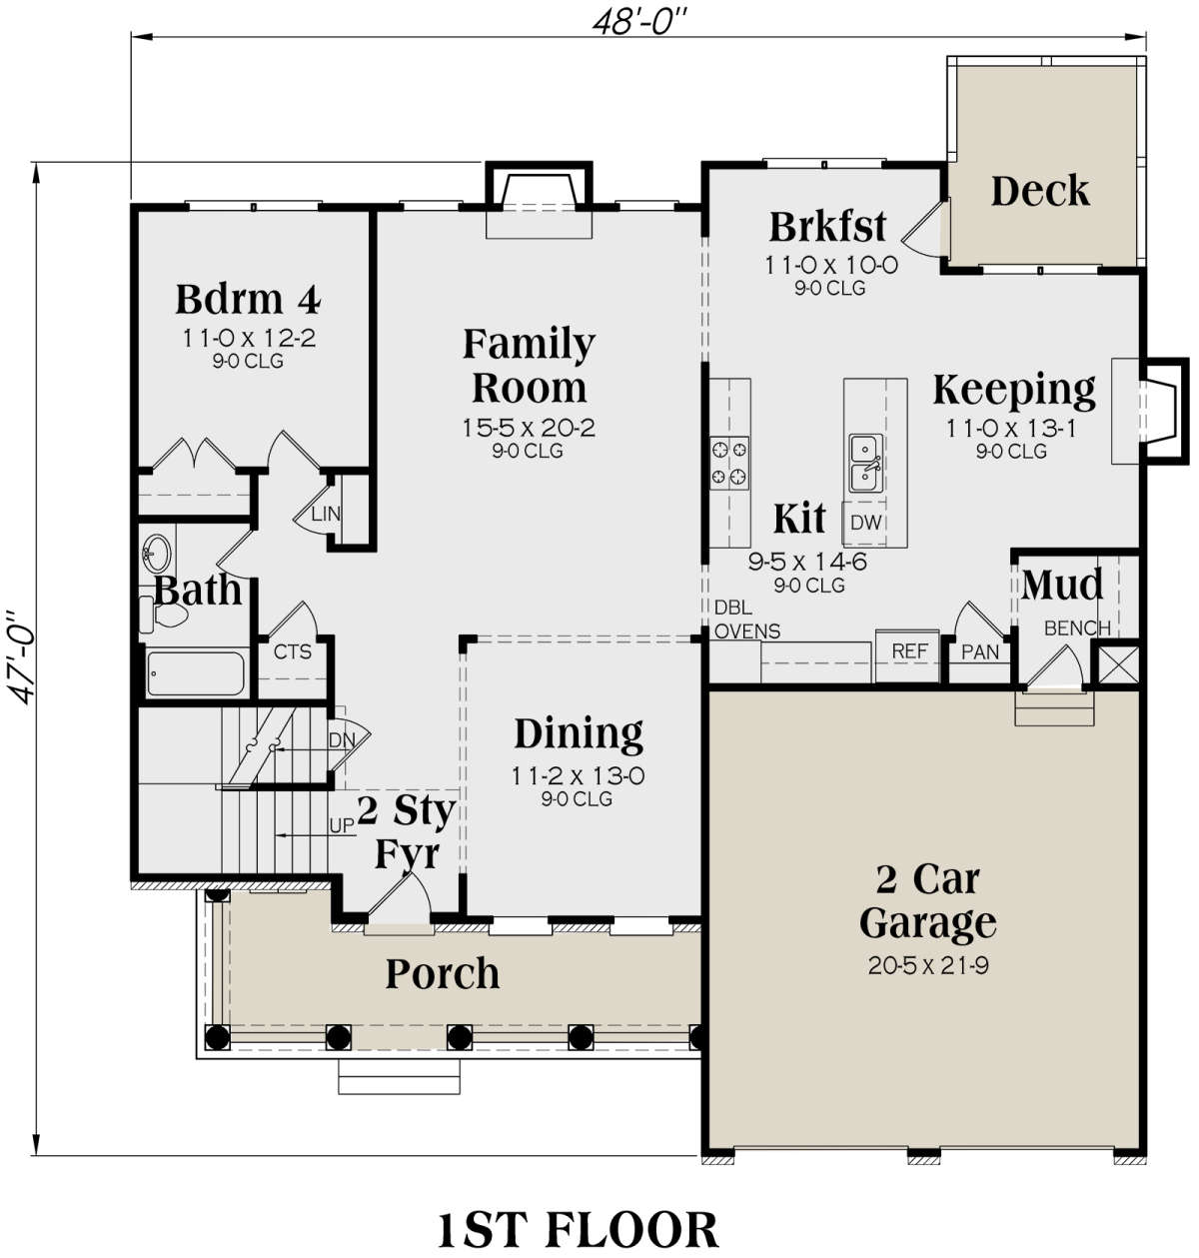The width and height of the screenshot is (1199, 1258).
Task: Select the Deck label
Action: coord(1040,191)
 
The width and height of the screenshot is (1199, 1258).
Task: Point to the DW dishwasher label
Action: coord(865,523)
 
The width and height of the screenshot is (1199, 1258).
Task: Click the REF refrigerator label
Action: coord(909,650)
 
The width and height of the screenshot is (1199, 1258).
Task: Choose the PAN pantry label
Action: coord(979,652)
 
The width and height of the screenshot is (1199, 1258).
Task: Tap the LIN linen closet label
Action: coord(326,514)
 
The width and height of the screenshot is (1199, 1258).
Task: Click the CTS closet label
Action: coord(293,651)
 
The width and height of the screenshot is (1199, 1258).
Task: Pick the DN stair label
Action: coord(342,740)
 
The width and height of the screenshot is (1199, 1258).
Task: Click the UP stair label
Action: coord(342,825)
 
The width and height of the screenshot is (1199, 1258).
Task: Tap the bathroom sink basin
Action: coord(157,553)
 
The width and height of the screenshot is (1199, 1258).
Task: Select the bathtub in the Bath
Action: coord(196,673)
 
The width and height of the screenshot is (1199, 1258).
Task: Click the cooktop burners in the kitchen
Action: coord(729,463)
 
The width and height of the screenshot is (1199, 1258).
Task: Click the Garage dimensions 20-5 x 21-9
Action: coord(927,965)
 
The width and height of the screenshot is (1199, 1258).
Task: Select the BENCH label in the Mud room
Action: coord(1077,629)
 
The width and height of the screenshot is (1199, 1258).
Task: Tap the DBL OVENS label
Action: coord(746,619)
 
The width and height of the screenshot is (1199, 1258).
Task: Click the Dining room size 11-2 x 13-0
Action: coord(578,776)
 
